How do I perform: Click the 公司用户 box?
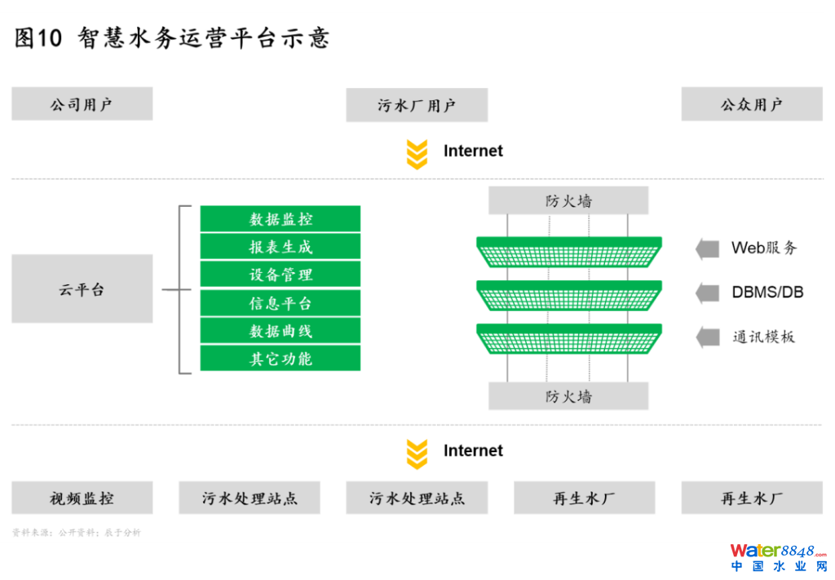click(82, 104)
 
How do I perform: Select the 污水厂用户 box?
click(417, 105)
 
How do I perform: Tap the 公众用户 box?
click(751, 104)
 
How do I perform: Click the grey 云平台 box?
click(82, 288)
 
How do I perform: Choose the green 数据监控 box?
click(281, 219)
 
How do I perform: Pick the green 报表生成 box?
click(281, 247)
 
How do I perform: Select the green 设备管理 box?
click(281, 275)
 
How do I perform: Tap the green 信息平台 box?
click(281, 303)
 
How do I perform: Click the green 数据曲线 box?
click(281, 331)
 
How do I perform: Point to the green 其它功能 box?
click(281, 358)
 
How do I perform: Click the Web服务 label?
click(763, 248)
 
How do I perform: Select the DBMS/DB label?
click(767, 292)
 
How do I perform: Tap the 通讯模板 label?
click(762, 336)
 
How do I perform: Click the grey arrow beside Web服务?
click(707, 248)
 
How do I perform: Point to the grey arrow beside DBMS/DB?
click(707, 292)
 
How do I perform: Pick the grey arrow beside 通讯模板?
click(707, 336)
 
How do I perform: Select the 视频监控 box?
click(82, 498)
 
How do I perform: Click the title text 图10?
click(38, 38)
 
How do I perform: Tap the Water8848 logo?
click(778, 556)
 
